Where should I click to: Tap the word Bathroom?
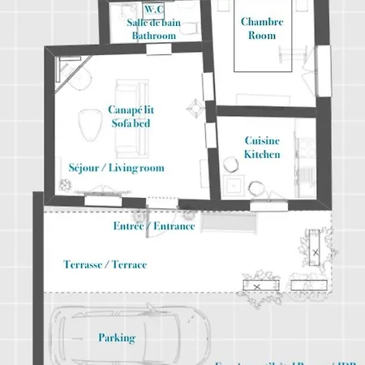(x=153, y=36)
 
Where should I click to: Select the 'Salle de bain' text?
(x=153, y=23)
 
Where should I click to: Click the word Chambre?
(x=262, y=22)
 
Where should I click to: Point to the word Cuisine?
(x=262, y=140)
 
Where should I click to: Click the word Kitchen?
(x=262, y=154)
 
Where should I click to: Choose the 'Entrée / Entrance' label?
(x=154, y=225)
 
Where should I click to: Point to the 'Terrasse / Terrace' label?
(x=105, y=265)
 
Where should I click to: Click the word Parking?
(x=117, y=337)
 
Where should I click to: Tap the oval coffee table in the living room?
(x=87, y=123)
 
